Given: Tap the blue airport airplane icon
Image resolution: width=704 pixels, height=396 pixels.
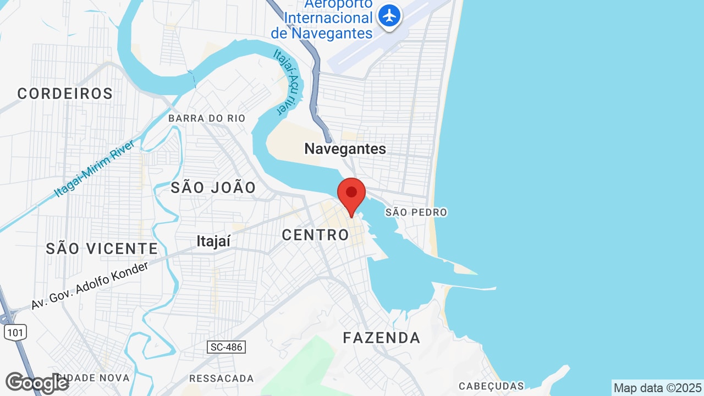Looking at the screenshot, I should click(390, 16).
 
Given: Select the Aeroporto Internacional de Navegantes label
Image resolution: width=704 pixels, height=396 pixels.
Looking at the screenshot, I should click(322, 19).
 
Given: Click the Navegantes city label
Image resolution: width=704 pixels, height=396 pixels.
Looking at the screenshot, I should click(345, 148).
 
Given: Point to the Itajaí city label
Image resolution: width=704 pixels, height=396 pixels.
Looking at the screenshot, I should click(213, 241).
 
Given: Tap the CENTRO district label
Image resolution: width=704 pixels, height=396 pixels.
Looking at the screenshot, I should click(315, 235).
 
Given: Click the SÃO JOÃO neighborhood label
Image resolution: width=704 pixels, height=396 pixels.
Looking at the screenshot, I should click(213, 188).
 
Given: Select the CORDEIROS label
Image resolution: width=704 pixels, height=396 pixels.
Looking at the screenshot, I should click(65, 94).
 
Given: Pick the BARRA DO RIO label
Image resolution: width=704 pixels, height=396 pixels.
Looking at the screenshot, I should click(207, 118).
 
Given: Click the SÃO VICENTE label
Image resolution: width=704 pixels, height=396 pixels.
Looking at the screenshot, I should click(102, 249).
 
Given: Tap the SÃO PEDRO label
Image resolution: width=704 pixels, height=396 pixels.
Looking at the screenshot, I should click(416, 212).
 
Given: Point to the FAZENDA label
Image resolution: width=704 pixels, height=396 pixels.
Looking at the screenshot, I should click(382, 338).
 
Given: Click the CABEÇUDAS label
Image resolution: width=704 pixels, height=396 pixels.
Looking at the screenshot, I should click(491, 386).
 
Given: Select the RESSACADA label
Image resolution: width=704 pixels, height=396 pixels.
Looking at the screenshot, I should click(221, 378).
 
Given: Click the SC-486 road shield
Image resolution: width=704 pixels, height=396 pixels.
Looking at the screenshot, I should click(226, 347).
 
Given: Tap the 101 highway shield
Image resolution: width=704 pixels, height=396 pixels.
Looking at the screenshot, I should click(15, 332).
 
